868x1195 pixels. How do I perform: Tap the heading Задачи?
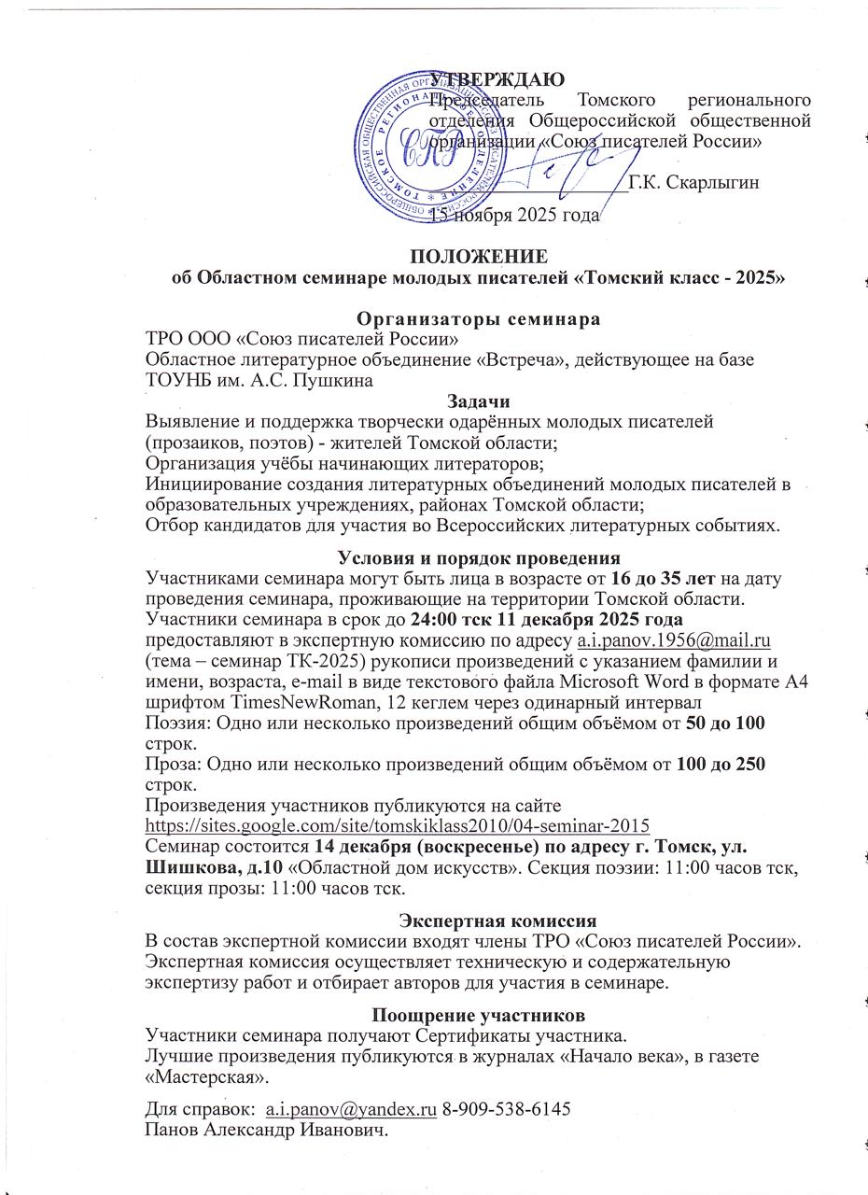tap(479, 401)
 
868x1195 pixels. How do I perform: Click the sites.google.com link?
tap(398, 826)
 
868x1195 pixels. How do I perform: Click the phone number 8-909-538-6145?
tap(506, 1110)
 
